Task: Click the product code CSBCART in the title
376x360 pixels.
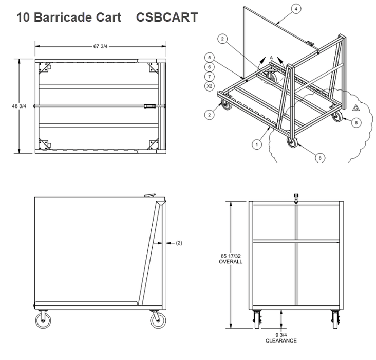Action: point(167,17)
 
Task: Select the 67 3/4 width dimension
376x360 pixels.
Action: point(100,46)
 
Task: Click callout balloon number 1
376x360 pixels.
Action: point(255,145)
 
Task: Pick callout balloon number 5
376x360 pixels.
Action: point(210,57)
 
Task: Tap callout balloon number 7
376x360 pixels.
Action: point(210,77)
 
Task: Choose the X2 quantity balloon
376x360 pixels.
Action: point(210,86)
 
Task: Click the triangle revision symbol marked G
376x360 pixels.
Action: point(355,108)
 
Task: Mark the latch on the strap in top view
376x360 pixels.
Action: point(148,106)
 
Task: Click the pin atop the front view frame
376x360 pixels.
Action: point(295,197)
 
